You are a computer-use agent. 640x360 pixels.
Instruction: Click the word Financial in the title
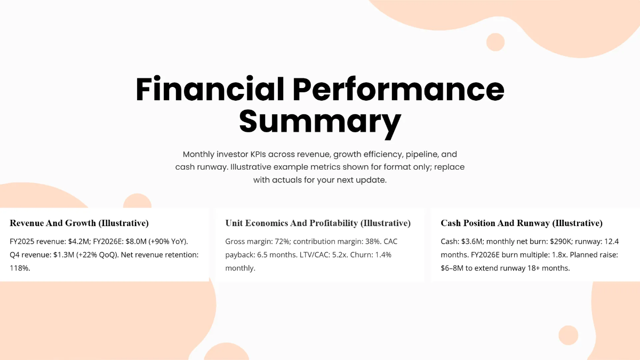[210, 89]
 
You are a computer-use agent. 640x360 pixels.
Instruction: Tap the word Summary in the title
[319, 122]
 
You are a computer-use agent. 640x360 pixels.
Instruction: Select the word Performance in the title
[398, 89]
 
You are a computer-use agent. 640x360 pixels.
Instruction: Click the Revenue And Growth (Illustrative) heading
[79, 223]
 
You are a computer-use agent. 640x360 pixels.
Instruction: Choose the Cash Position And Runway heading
[522, 223]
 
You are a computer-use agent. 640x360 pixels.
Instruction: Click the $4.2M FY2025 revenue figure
[79, 242]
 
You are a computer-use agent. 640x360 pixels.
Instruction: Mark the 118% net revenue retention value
[20, 268]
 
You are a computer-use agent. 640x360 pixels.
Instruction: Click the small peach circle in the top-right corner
[495, 42]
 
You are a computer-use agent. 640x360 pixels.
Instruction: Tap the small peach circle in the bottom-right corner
[568, 335]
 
